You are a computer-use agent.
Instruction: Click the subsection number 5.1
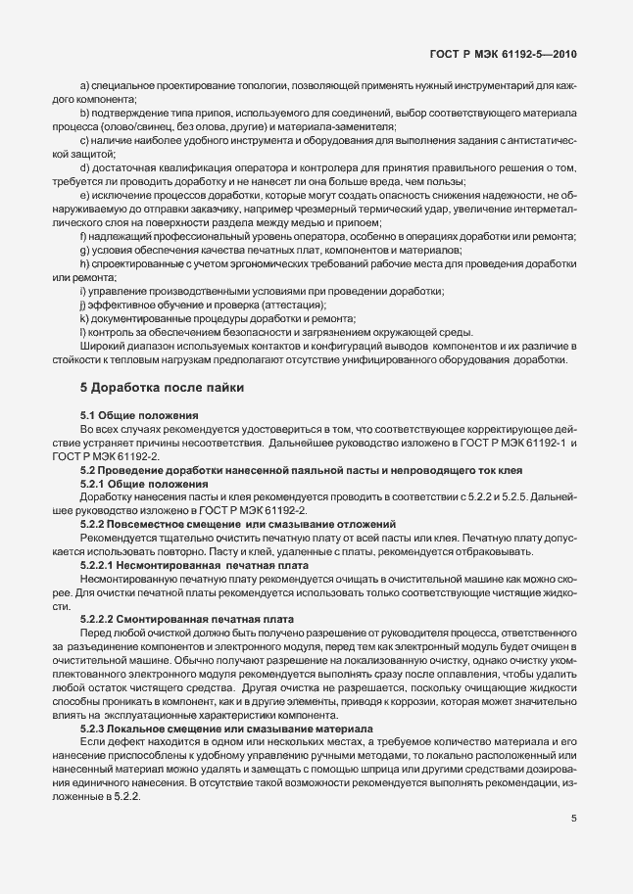(x=90, y=417)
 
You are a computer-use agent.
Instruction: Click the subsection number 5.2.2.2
(x=101, y=619)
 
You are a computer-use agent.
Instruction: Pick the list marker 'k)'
(x=84, y=319)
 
